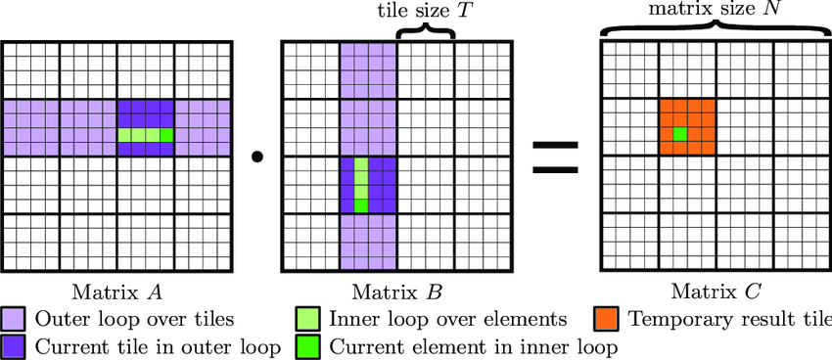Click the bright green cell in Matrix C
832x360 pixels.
pos(679,133)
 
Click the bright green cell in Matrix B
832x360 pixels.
pos(361,205)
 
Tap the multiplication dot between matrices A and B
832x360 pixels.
pos(257,156)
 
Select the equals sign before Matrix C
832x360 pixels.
pos(554,156)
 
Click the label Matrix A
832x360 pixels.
pos(116,292)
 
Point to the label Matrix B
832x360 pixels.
pos(395,292)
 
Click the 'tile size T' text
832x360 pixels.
pos(423,11)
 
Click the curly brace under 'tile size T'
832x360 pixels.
pos(425,32)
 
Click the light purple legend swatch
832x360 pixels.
pos(15,320)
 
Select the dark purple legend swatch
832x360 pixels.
pos(15,345)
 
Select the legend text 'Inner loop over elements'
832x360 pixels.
pos(449,319)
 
